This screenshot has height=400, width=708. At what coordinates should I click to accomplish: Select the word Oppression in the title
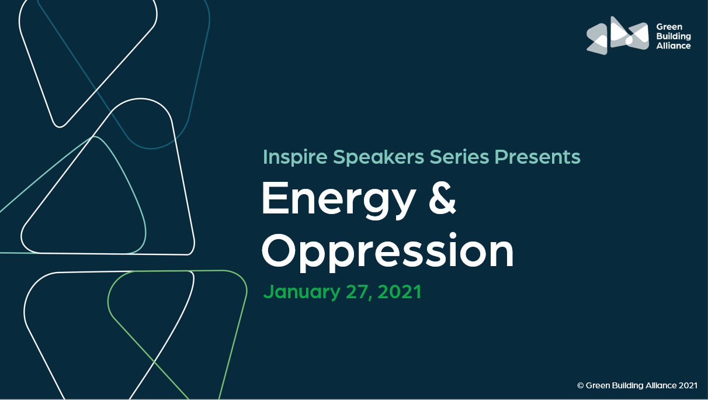(387, 251)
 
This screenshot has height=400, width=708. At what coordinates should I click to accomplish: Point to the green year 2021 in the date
(400, 291)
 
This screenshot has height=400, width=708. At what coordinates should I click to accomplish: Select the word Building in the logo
(673, 36)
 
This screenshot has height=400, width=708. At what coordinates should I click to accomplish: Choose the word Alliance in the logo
(673, 46)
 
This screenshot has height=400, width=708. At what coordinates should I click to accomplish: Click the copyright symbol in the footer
(581, 385)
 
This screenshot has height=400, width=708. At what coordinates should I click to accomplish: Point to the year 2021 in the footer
(688, 385)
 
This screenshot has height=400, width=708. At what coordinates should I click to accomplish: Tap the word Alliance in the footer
(661, 385)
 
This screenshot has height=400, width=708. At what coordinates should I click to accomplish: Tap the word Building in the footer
(627, 385)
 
